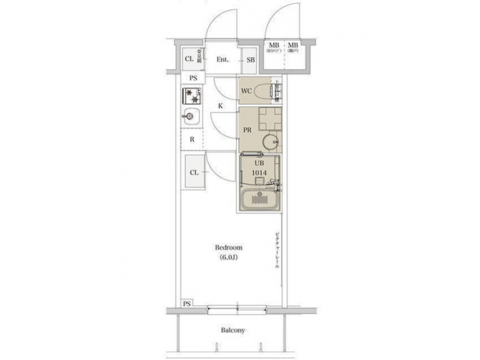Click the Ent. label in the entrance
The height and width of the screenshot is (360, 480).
click(223, 60)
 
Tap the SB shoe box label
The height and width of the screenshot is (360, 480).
click(251, 60)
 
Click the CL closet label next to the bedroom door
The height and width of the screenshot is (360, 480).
click(193, 173)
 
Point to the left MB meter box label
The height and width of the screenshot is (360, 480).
click(273, 47)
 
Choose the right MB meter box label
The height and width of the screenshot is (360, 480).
click(293, 47)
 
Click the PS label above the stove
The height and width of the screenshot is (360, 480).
click(193, 78)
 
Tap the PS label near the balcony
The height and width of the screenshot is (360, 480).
click(187, 303)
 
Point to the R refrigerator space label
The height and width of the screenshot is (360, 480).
click(192, 139)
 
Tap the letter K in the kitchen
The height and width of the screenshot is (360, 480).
click(220, 106)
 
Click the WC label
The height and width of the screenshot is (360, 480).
click(246, 90)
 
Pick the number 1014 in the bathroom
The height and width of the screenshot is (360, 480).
click(259, 173)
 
